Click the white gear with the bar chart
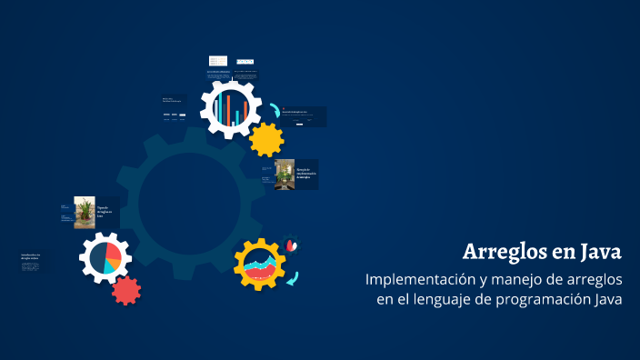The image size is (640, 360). (231, 106)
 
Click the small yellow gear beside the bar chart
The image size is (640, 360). (266, 139)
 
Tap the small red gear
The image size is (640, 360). (126, 289)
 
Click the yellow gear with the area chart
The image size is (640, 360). (260, 265)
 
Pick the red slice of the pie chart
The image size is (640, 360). (113, 251)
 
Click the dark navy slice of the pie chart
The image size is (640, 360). (97, 258)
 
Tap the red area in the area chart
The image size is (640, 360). (260, 272)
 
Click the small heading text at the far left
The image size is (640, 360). (31, 258)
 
